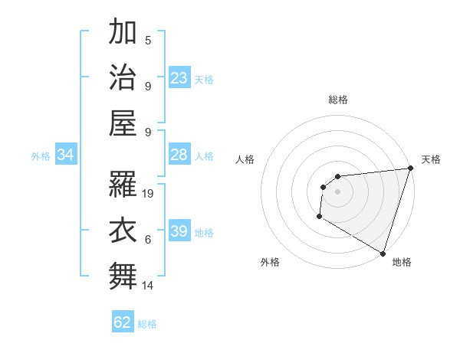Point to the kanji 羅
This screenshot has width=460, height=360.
[123, 182]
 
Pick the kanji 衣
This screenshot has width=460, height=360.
[123, 229]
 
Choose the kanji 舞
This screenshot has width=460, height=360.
[123, 274]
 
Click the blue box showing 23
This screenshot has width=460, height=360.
[179, 78]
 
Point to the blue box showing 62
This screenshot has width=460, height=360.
[123, 322]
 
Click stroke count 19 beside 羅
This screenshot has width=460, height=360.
[149, 194]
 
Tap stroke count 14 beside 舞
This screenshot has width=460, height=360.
[149, 286]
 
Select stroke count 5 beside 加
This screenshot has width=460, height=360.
[148, 41]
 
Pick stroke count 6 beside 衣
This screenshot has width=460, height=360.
[148, 240]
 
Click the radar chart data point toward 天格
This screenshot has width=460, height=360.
[409, 169]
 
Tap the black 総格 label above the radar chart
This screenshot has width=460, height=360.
[338, 100]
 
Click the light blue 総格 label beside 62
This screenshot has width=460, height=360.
[148, 324]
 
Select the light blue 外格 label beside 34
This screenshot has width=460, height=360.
[41, 156]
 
